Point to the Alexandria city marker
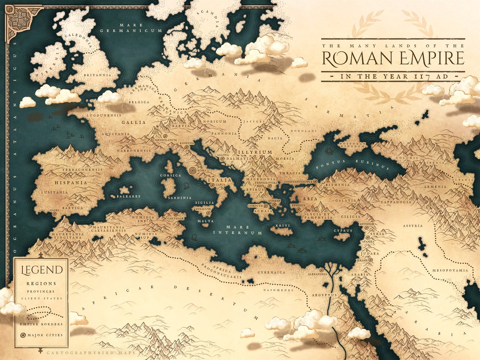click(322, 270)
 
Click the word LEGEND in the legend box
click(39, 270)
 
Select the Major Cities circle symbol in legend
click(23, 335)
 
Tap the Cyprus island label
click(342, 231)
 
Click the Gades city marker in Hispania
click(54, 214)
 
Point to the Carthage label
click(175, 219)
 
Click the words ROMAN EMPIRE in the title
click(393, 59)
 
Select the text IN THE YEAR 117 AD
click(393, 77)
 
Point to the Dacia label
click(275, 138)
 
